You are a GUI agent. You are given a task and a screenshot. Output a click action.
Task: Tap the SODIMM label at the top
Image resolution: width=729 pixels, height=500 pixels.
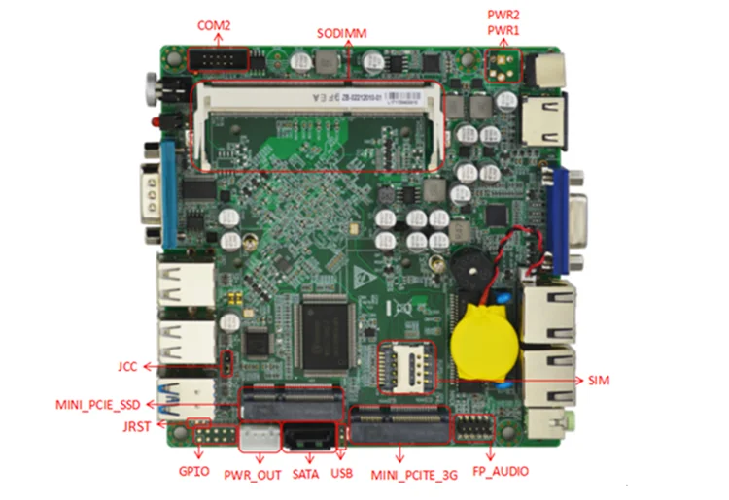pyautogui.click(x=341, y=33)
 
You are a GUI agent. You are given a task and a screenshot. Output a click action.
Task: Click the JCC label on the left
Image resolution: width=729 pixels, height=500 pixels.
pyautogui.click(x=128, y=366)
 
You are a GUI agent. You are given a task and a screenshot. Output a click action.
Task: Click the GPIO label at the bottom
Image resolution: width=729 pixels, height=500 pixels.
pyautogui.click(x=193, y=473)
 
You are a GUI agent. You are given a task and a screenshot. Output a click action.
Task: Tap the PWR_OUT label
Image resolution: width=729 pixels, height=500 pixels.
pyautogui.click(x=252, y=474)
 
